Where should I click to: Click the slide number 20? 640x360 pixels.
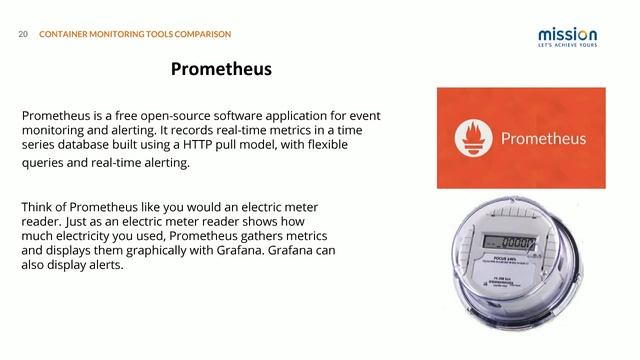(x=23, y=34)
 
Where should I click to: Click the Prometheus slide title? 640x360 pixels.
(x=221, y=70)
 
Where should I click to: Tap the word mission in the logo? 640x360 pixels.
(x=568, y=33)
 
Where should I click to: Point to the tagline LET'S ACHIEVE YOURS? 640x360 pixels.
(x=568, y=46)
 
